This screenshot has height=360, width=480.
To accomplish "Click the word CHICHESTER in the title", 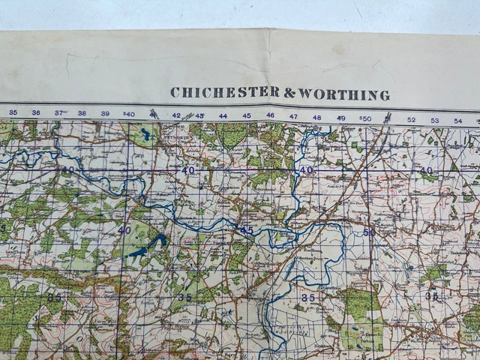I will [224, 93].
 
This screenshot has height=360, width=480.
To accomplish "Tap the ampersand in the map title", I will [289, 93].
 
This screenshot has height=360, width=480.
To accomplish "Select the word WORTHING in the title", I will [344, 94].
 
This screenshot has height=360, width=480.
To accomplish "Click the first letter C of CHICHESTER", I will [175, 93].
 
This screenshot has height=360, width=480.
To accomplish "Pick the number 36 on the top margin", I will [36, 112].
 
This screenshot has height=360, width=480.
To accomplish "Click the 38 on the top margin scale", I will [82, 113].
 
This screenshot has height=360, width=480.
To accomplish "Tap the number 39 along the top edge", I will [105, 113].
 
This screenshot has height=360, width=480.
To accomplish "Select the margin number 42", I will [176, 115].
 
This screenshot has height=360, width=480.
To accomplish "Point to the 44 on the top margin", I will [223, 115].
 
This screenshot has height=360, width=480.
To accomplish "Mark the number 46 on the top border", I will [270, 116].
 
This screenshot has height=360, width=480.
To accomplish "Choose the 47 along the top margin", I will [293, 117].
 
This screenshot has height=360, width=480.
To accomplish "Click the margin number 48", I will [317, 118].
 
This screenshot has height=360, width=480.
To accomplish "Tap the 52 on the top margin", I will [411, 119].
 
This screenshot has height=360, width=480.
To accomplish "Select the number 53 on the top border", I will [434, 120].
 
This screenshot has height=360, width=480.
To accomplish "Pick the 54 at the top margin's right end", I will [457, 121].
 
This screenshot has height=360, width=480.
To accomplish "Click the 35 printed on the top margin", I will [13, 112].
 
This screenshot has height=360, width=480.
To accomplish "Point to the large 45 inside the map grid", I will [247, 229].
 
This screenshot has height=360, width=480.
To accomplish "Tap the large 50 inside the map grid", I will [368, 232].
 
